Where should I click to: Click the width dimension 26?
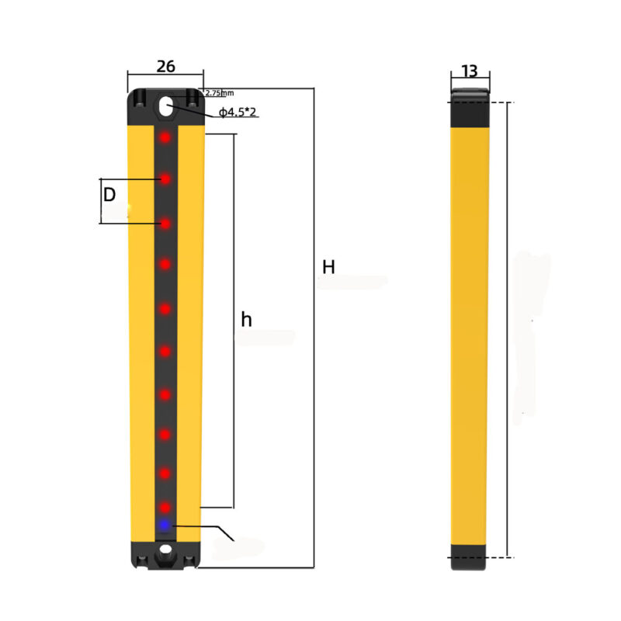(165, 67)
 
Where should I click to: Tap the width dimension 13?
(470, 71)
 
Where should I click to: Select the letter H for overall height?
(328, 267)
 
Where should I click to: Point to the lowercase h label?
(246, 319)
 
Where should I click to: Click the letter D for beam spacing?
(109, 195)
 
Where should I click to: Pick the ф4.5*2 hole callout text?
(238, 112)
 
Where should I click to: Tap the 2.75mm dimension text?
(220, 93)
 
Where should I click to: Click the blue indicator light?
(164, 526)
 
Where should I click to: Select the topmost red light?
(165, 137)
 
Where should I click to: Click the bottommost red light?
(165, 508)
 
